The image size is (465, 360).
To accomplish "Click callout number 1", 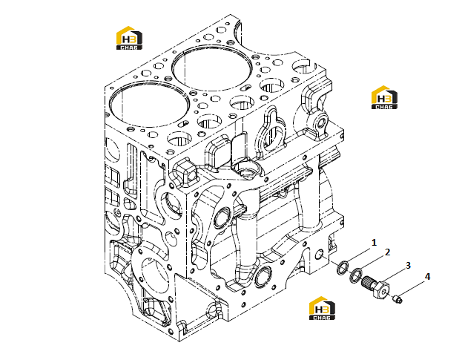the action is (374, 243).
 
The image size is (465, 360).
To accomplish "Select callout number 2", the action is (387, 252).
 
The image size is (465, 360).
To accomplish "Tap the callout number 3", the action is (408, 265).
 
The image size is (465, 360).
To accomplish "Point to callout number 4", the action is (427, 277).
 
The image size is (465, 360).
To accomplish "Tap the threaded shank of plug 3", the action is (369, 282).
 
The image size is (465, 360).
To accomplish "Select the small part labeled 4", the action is (398, 298).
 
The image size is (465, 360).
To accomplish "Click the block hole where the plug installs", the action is (319, 255).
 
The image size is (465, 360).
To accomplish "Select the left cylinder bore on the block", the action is (150, 105).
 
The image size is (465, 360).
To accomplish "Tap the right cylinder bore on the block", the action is (212, 68).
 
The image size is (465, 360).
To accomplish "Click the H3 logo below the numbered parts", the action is (322, 308).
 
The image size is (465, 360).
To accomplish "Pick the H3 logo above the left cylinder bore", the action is (129, 38).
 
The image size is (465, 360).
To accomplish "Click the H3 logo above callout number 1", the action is (384, 97).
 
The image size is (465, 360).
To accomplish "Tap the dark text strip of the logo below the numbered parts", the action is (322, 317).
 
